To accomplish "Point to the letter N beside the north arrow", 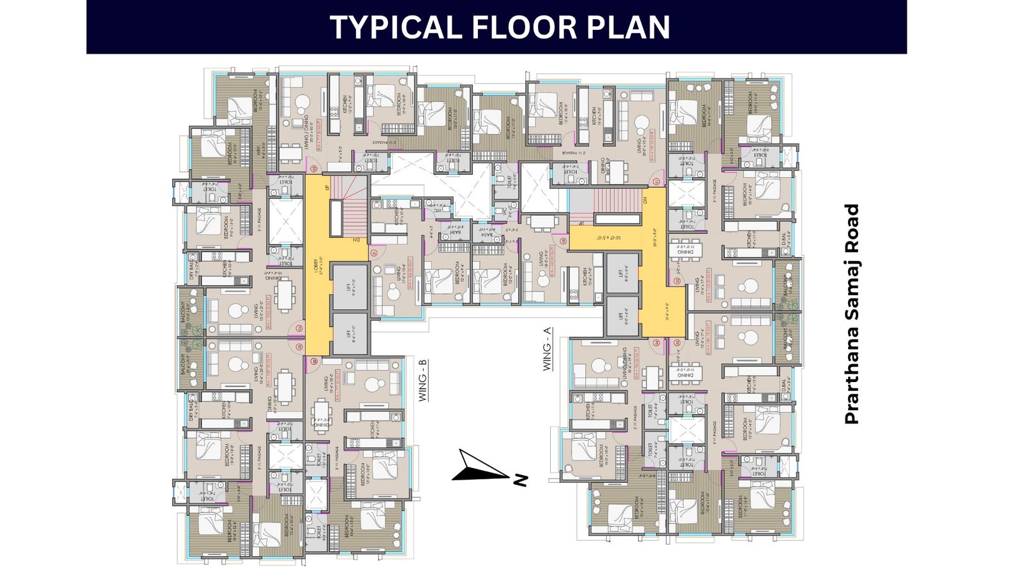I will [521, 480].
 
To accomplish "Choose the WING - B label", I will [422, 381].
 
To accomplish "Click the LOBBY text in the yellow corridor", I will [317, 265].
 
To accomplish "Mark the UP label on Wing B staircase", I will [327, 188].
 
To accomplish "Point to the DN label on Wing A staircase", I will [645, 200].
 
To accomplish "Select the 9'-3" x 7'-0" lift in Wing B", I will [349, 287].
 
